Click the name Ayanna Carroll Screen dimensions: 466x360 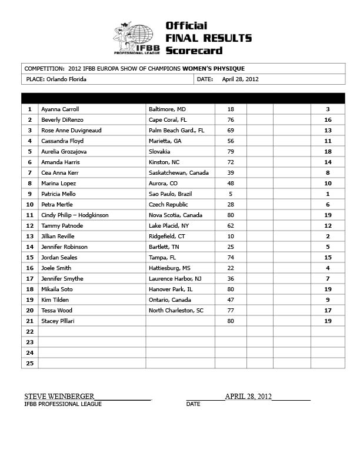tap(60, 109)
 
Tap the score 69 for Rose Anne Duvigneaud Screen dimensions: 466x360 tap(231, 131)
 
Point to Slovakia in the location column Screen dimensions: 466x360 tap(161, 152)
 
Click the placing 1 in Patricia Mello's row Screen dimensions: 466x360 tap(328, 194)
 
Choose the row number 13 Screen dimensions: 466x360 tap(29, 237)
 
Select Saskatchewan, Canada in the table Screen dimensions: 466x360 tap(179, 173)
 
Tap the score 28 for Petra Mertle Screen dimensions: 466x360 tap(231, 205)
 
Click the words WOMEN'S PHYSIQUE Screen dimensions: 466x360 tap(214, 69)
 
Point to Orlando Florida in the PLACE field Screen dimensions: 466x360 tap(65, 79)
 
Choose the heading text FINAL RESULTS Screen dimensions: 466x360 tap(208, 38)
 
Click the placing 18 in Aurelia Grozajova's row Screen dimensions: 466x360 tap(328, 152)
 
